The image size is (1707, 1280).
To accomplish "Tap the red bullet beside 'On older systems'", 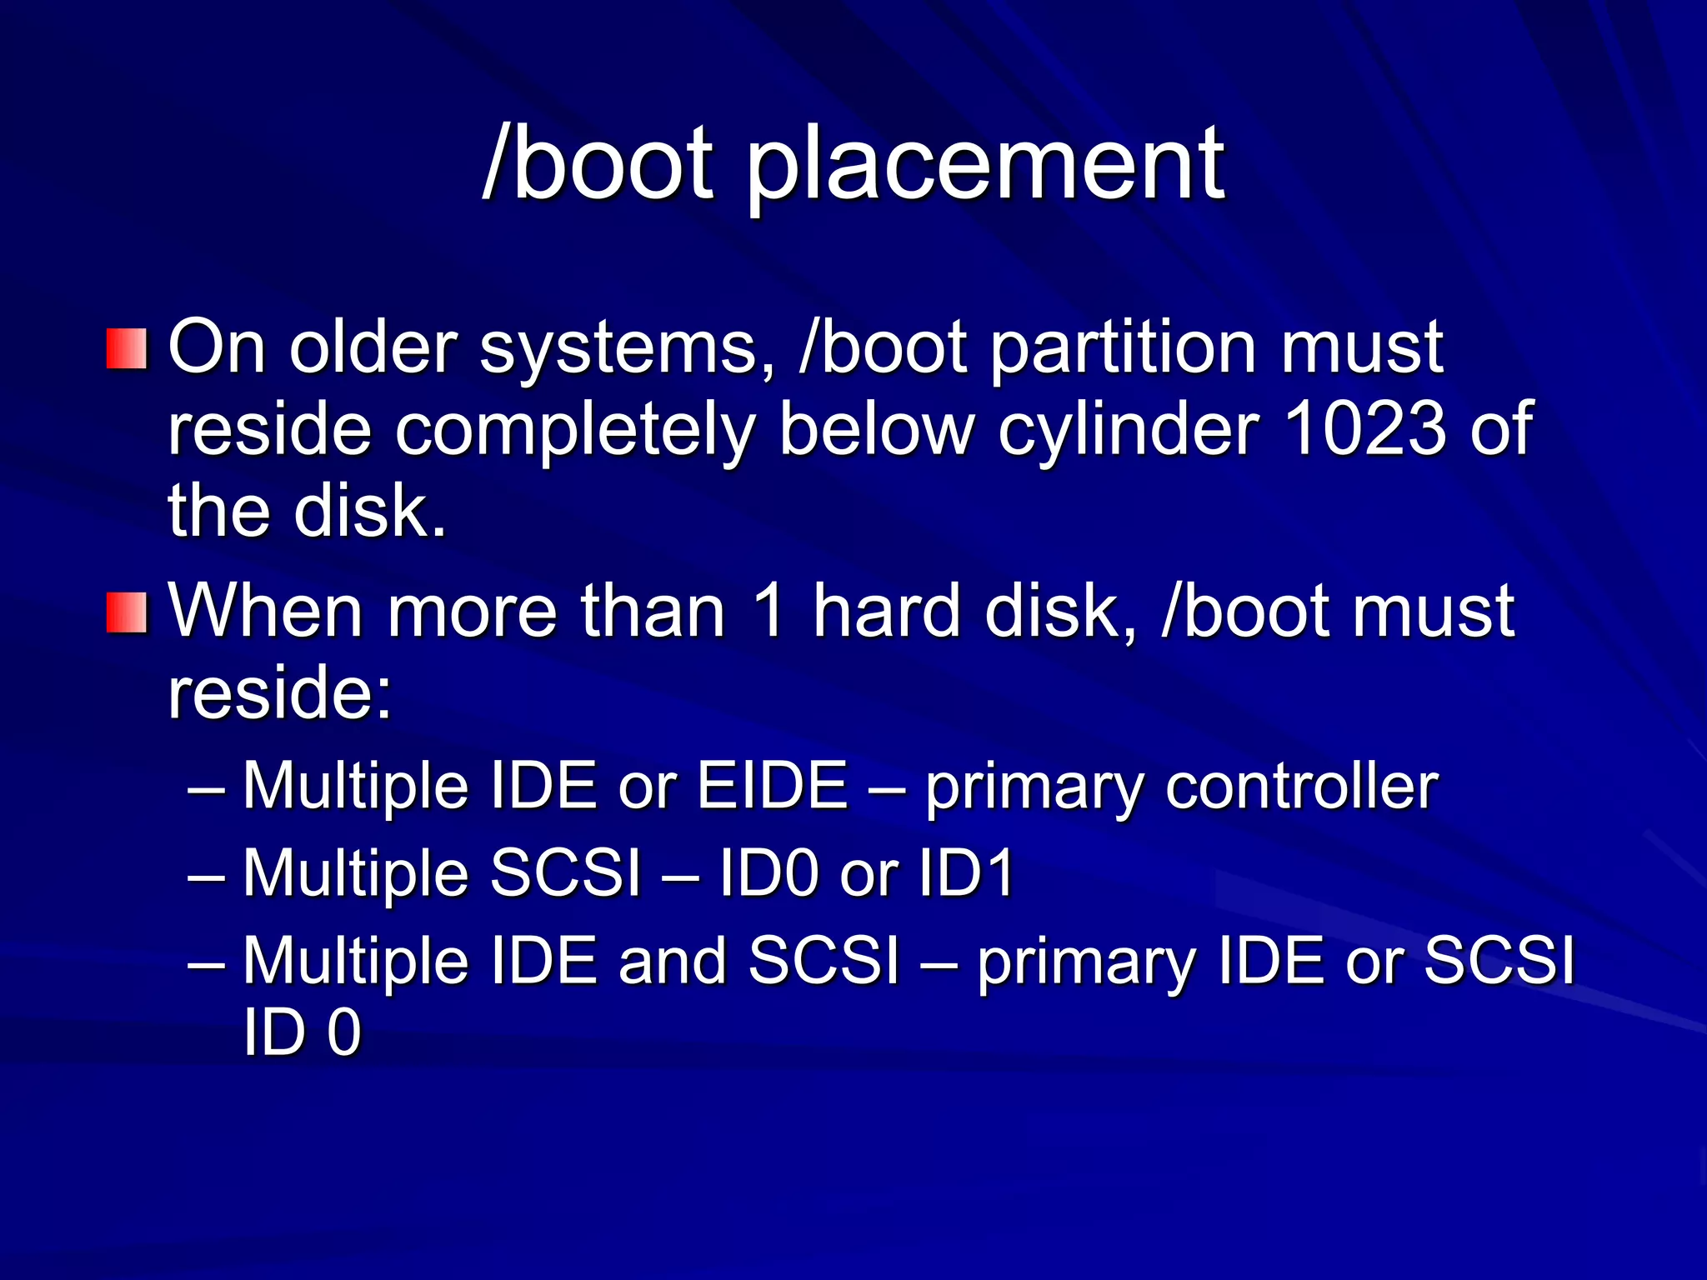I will (127, 348).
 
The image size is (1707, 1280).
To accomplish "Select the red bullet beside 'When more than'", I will (127, 612).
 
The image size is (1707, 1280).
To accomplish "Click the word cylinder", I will (1129, 429).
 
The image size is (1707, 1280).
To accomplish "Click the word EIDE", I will (772, 785).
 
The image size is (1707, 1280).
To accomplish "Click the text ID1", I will (966, 872).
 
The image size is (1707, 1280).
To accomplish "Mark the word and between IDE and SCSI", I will (672, 961).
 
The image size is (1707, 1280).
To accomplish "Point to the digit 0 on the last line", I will (343, 1032).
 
